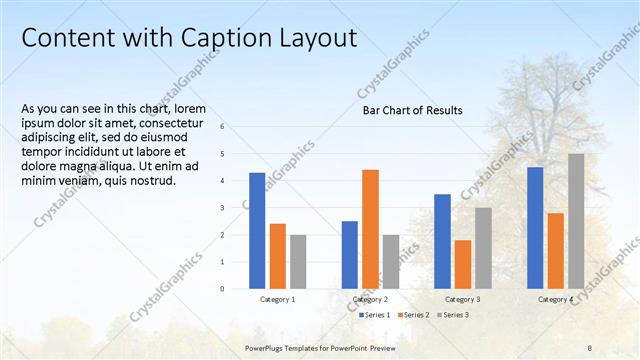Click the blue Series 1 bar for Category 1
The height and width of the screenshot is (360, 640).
(257, 231)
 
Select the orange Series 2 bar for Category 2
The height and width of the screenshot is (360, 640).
(370, 229)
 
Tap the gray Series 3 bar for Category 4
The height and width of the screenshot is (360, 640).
(576, 221)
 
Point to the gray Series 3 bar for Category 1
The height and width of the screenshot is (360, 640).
(298, 262)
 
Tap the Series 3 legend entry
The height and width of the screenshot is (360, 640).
(452, 315)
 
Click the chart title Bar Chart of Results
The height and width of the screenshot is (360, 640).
(412, 110)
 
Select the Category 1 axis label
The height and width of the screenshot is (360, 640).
(277, 299)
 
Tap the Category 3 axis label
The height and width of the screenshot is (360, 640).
(462, 299)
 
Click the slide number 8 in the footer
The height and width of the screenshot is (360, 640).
(590, 346)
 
